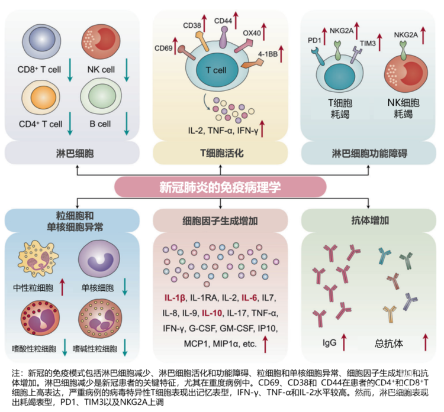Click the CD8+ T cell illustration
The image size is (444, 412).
pyautogui.click(x=39, y=39)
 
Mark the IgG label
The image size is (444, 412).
pyautogui.click(x=330, y=341)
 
